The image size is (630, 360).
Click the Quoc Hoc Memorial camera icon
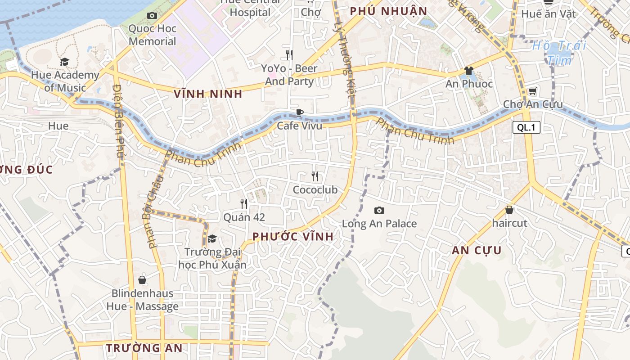tap(152, 16)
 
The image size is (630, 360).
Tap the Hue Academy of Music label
tap(65, 81)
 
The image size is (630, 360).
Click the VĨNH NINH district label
tap(208, 94)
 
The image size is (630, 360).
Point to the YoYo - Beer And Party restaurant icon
tap(289, 55)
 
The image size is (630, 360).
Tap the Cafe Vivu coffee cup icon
tap(299, 112)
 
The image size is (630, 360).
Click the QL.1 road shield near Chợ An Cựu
tap(526, 127)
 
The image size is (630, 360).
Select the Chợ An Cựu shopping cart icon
tap(532, 91)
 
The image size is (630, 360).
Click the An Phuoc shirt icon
tap(469, 71)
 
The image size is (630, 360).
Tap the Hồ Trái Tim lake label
tap(559, 52)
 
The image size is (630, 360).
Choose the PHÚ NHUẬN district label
tap(388, 11)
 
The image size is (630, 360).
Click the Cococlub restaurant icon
tap(315, 176)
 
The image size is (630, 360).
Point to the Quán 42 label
tap(244, 217)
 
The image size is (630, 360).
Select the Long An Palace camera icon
tap(379, 210)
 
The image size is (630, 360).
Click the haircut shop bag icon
tap(509, 210)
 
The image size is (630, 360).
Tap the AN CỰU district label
tap(477, 251)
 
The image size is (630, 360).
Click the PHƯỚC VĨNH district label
tap(293, 237)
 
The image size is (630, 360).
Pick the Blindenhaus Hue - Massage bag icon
tap(142, 280)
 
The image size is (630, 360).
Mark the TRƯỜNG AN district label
tap(144, 348)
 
